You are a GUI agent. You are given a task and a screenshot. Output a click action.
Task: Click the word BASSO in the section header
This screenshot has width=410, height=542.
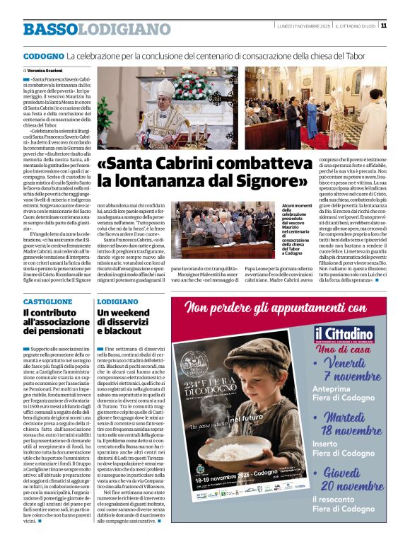pyautogui.click(x=49, y=29)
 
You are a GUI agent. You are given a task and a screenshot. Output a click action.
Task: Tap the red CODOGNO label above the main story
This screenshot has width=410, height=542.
pyautogui.click(x=43, y=55)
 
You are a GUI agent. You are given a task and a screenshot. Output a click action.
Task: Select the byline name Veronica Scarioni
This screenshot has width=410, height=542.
pyautogui.click(x=48, y=71)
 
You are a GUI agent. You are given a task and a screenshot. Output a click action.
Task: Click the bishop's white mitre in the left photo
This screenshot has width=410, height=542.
pyautogui.click(x=164, y=86)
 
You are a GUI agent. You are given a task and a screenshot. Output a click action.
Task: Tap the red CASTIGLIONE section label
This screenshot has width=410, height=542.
pyautogui.click(x=47, y=301)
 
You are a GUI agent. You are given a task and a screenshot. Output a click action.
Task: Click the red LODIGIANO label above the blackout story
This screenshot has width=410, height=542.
pyautogui.click(x=118, y=301)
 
